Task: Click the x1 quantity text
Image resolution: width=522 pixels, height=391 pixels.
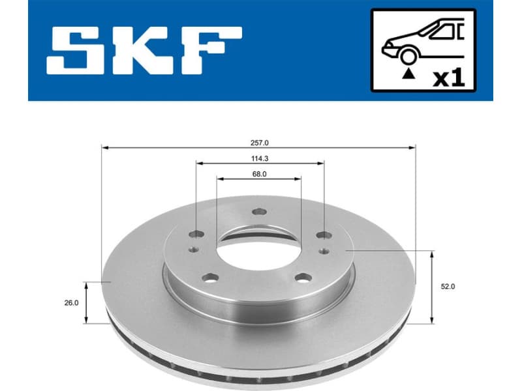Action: (x=449, y=78)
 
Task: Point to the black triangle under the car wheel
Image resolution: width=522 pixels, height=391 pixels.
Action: (x=408, y=75)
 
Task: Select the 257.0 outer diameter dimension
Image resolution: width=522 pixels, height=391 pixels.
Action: (x=259, y=141)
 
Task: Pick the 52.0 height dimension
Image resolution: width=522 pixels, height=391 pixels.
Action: (x=448, y=286)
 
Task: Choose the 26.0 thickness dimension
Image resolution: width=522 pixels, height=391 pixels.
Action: (x=72, y=302)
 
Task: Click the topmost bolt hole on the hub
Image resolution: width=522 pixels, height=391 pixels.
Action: (x=259, y=210)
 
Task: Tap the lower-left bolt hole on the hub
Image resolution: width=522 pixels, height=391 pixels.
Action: (x=209, y=278)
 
